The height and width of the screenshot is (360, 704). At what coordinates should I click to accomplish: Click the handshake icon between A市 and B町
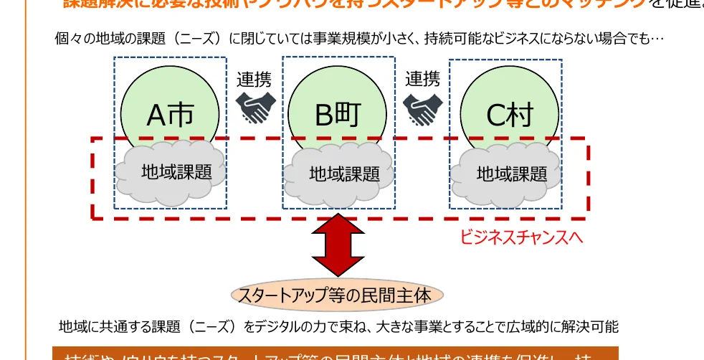tap(255, 108)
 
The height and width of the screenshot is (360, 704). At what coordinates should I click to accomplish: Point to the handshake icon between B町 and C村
tap(422, 108)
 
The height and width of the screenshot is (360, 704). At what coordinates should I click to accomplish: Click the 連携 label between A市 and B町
tap(254, 79)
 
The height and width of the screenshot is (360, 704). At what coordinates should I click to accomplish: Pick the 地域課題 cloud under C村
tap(511, 174)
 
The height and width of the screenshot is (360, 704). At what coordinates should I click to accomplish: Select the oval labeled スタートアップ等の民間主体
tap(337, 295)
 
